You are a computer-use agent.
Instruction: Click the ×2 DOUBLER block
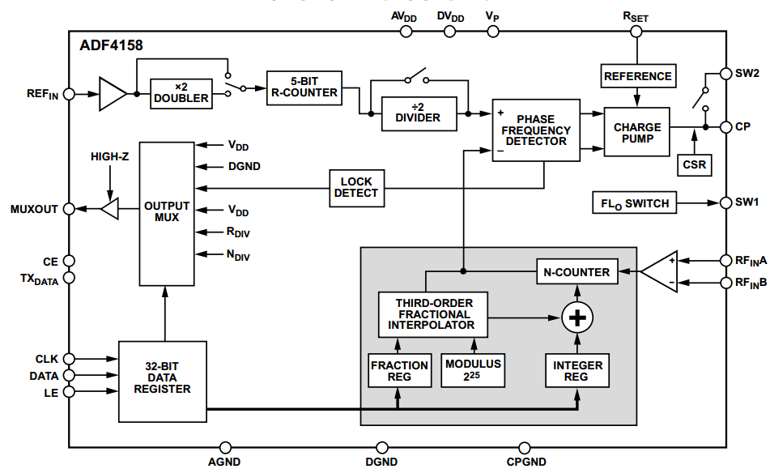point(181,92)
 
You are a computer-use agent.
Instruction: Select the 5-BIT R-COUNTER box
point(304,87)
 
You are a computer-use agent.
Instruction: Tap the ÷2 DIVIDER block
point(418,112)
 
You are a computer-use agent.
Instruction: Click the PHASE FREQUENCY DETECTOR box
point(536,130)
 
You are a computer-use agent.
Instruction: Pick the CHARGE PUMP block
point(637,133)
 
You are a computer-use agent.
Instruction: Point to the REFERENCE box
point(637,76)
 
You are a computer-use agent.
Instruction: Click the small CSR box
point(694,164)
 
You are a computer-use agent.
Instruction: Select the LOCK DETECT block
point(355,188)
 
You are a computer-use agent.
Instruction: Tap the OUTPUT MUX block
point(166,211)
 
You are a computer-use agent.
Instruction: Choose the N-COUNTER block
point(577,272)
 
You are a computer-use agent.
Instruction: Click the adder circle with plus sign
point(577,319)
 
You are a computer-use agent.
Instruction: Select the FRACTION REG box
point(399,371)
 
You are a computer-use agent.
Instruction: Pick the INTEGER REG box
point(577,371)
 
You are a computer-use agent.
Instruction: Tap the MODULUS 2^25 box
point(473,371)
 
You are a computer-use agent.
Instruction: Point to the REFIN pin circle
point(69,94)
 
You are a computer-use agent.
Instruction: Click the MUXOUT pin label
point(34,210)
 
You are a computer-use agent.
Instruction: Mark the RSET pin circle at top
point(636,32)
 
